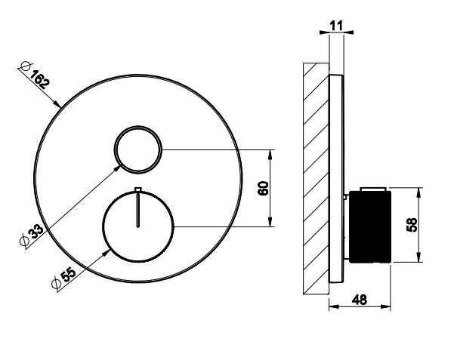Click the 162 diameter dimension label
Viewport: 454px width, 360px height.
coord(40,79)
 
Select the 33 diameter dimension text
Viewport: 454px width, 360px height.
coord(36,232)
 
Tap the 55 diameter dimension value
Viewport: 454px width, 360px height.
coord(68,275)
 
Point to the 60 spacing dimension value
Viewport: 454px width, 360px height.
coord(263,188)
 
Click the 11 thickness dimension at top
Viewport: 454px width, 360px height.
coord(336,26)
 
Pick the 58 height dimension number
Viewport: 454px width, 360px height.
coord(412,225)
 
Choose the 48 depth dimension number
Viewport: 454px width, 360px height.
coord(360,300)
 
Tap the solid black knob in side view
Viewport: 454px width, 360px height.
coord(370,226)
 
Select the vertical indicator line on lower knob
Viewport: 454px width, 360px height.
coord(138,210)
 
